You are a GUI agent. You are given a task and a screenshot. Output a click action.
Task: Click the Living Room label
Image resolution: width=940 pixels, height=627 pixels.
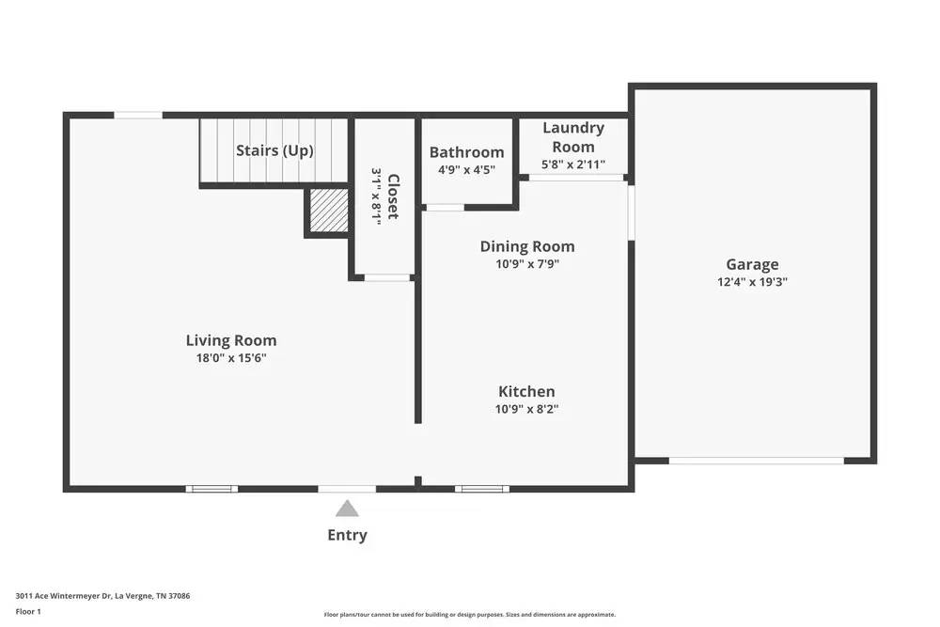tap(230, 340)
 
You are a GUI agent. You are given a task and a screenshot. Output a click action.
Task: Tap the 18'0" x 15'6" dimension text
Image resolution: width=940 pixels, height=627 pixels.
tap(230, 358)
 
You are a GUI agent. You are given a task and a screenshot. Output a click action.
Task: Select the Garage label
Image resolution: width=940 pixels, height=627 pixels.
tap(752, 264)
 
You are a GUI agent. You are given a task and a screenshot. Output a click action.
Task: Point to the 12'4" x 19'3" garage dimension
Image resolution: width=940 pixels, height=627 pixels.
tap(752, 281)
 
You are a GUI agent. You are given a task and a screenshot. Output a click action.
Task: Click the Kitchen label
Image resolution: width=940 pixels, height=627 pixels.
tap(526, 391)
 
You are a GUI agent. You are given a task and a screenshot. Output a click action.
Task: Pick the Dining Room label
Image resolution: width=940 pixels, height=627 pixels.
tap(527, 246)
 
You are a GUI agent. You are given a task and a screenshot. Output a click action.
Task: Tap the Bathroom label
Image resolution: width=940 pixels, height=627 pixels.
tap(466, 152)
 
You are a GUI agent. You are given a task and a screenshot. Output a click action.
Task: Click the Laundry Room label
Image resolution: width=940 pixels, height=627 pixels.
tap(573, 137)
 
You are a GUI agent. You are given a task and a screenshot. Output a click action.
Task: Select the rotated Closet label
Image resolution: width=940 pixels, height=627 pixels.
tap(393, 196)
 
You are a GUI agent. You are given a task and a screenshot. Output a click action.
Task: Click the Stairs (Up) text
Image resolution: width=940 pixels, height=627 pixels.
tap(274, 150)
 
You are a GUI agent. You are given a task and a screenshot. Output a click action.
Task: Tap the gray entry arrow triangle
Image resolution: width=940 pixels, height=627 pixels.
tap(347, 509)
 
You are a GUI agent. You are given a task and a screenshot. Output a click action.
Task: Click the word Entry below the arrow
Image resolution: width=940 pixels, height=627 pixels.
tap(347, 536)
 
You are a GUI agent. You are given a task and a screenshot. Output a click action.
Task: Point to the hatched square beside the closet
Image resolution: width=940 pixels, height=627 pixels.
tap(328, 212)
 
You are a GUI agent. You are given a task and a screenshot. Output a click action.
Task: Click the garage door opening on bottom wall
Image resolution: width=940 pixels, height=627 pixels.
tap(756, 461)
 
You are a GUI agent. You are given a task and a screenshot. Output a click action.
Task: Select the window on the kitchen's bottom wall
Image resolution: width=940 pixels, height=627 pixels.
tap(482, 489)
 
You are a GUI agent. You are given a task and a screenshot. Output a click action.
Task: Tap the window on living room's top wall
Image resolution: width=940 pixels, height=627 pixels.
tap(138, 115)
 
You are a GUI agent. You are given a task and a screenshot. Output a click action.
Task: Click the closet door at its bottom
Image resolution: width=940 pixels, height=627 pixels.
tap(386, 277)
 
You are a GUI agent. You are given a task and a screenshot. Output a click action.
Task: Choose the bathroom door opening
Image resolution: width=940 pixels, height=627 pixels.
tap(444, 207)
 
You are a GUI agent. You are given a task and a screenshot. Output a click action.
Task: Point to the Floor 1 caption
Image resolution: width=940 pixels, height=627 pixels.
tap(28, 611)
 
